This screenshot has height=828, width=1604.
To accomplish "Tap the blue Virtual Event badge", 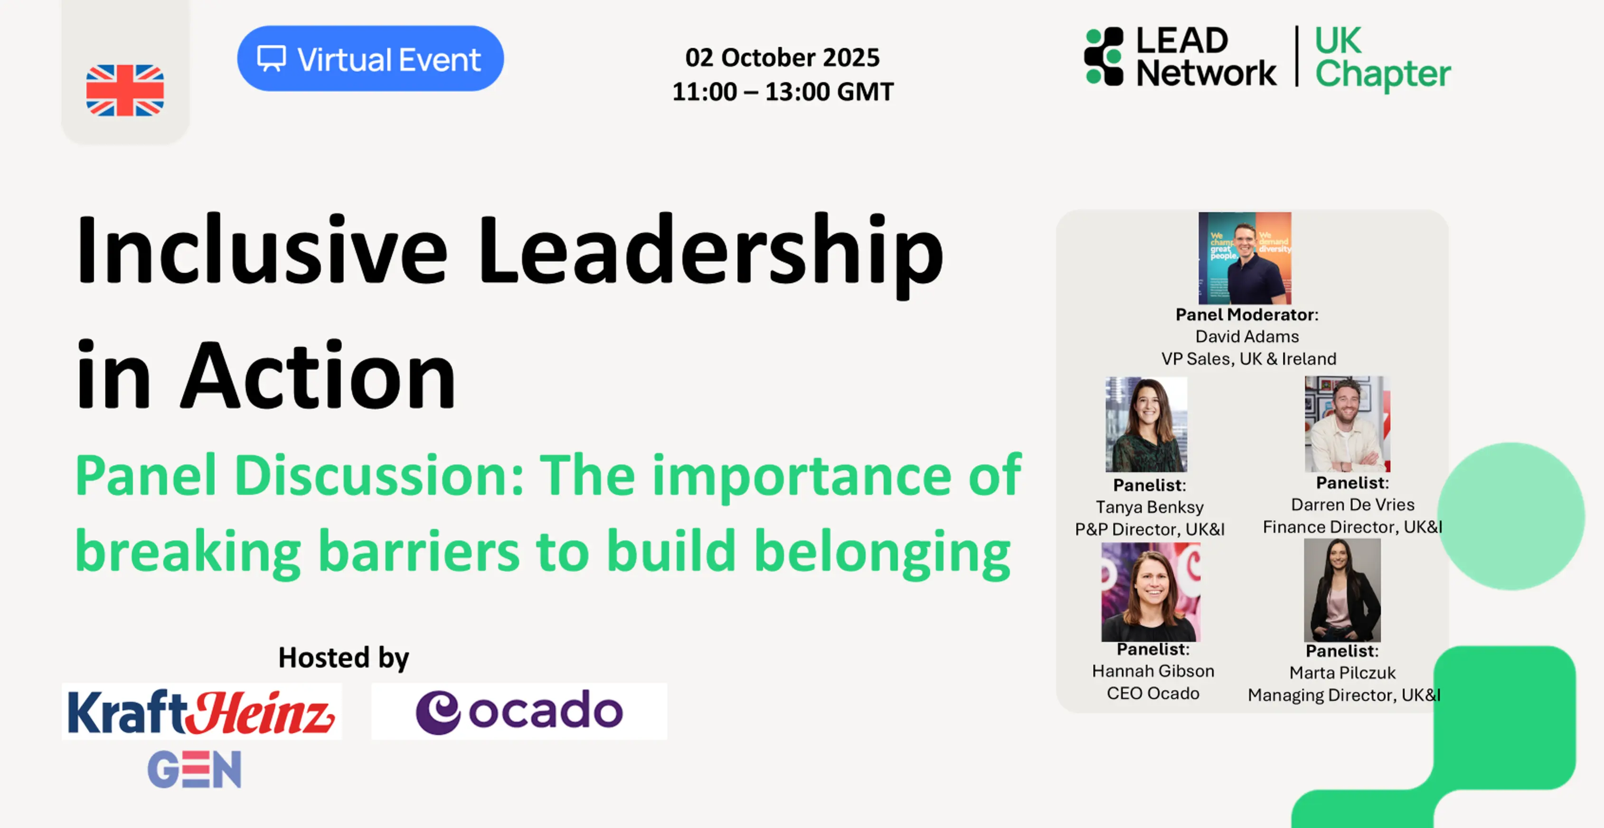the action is (x=370, y=58).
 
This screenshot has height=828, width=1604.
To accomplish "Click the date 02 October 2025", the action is (x=783, y=57).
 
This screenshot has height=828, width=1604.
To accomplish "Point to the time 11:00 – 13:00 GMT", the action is (x=783, y=92).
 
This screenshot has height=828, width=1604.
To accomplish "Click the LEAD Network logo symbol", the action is (x=1104, y=56).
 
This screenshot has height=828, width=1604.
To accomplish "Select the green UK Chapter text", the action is (x=1382, y=58).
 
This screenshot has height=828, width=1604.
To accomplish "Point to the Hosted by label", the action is (x=344, y=658).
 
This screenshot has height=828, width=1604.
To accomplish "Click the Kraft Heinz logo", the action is (x=202, y=712).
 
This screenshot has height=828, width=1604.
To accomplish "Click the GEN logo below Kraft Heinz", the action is (x=194, y=769).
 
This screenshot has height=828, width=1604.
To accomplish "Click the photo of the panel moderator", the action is (x=1245, y=258).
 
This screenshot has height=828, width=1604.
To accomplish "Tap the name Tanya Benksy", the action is (x=1150, y=507).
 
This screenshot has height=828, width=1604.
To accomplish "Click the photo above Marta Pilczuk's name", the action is (x=1342, y=590).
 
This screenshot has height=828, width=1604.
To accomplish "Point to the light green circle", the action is (x=1511, y=516).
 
